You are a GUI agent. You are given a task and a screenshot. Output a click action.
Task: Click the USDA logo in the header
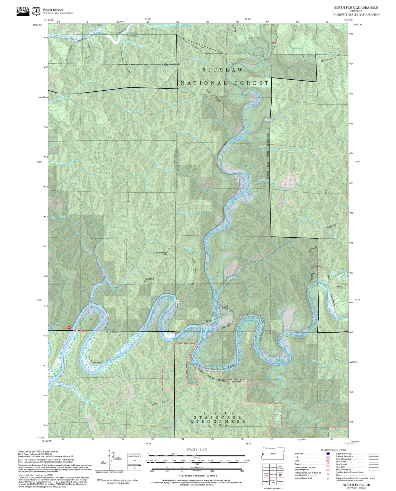tap(23, 11)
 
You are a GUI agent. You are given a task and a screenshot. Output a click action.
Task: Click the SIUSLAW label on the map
tap(223, 70)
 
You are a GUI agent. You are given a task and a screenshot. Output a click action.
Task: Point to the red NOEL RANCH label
tap(80, 331)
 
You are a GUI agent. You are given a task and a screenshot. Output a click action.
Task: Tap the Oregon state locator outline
tap(274, 454)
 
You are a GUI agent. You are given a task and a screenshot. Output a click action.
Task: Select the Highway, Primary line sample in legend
tap(374, 454)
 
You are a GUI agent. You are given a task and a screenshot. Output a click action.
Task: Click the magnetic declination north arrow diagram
tap(111, 460)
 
